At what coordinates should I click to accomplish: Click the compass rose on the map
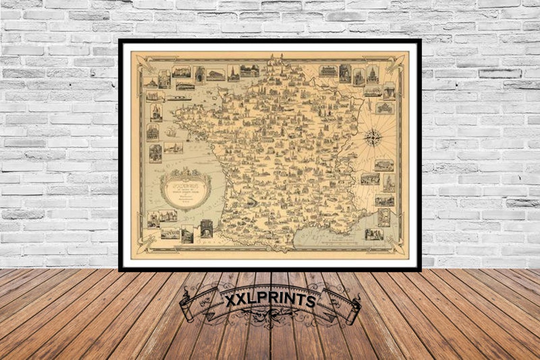coord(374,137)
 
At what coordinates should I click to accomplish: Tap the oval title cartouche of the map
coord(186,189)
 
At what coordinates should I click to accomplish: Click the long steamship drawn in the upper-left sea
coord(178,99)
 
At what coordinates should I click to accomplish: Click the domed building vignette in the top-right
coord(372,74)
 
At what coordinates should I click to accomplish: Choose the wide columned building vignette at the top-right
coord(328,71)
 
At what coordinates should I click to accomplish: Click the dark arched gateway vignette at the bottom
coord(207,228)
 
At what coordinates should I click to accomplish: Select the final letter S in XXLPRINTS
coord(311,301)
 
